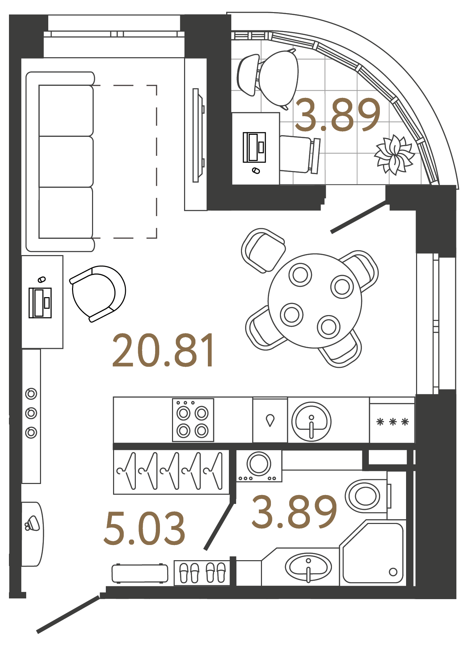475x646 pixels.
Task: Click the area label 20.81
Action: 163,350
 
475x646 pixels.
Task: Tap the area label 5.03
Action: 144,528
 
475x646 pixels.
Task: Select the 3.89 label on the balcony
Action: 337,115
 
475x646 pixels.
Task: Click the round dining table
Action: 315,301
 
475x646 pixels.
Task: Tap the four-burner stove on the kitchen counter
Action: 193,420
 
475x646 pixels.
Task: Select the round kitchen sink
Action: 311,421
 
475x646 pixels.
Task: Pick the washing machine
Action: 259,465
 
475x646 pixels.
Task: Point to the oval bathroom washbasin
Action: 308,567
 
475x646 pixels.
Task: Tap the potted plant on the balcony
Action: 394,154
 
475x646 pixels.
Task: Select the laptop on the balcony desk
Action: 254,147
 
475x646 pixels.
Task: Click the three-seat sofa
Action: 60,162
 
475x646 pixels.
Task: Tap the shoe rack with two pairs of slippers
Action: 202,573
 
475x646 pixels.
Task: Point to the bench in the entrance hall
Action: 140,574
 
